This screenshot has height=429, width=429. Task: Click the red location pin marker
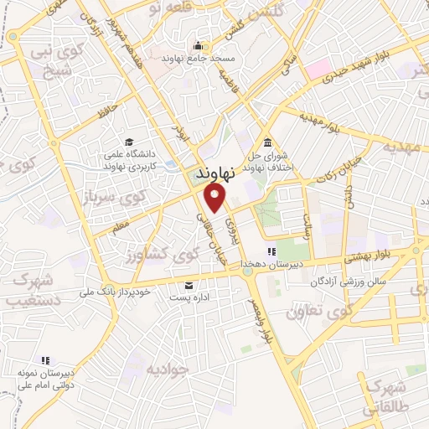[x=216, y=198]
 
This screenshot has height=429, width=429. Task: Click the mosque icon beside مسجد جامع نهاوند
[x=198, y=45]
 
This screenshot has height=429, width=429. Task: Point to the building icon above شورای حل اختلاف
[x=266, y=142]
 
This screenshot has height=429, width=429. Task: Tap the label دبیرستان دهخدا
[x=271, y=264]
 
